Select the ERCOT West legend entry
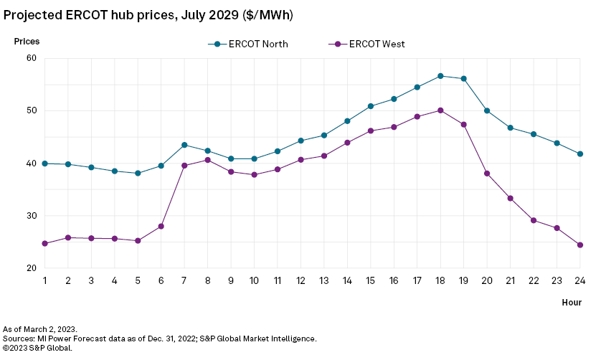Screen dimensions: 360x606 (x=368, y=44)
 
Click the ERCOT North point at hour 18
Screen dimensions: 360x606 (x=440, y=76)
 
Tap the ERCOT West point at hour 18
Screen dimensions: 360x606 (x=440, y=110)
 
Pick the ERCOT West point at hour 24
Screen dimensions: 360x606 (x=580, y=245)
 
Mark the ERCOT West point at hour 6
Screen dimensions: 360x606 (x=161, y=226)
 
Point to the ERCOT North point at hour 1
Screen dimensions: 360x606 (x=44, y=164)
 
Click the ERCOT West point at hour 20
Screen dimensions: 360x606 (x=487, y=174)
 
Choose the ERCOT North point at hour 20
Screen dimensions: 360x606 (x=487, y=110)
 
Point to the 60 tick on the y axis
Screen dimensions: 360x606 (x=32, y=58)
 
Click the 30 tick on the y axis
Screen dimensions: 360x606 (x=32, y=216)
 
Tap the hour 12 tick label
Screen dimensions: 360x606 (x=300, y=280)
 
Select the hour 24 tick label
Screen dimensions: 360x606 (x=580, y=280)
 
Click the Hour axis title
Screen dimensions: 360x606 (x=572, y=303)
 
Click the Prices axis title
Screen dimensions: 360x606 (x=27, y=42)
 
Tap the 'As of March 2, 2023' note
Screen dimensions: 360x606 (x=39, y=328)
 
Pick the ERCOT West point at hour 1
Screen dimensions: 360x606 (x=44, y=244)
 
